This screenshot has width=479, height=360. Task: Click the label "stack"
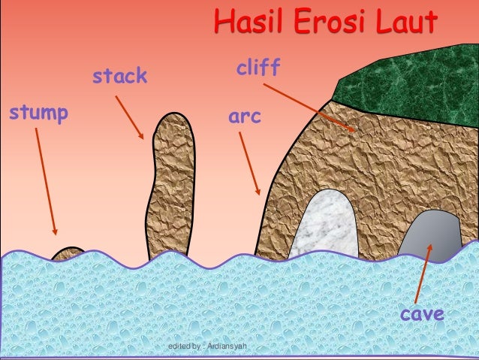click(x=119, y=77)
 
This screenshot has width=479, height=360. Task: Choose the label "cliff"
click(x=258, y=69)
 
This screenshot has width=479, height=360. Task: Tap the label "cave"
click(x=422, y=313)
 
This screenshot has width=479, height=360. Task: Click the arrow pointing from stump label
click(x=45, y=180)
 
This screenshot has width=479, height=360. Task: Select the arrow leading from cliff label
click(x=309, y=107)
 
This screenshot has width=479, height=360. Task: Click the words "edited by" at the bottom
click(x=185, y=346)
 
